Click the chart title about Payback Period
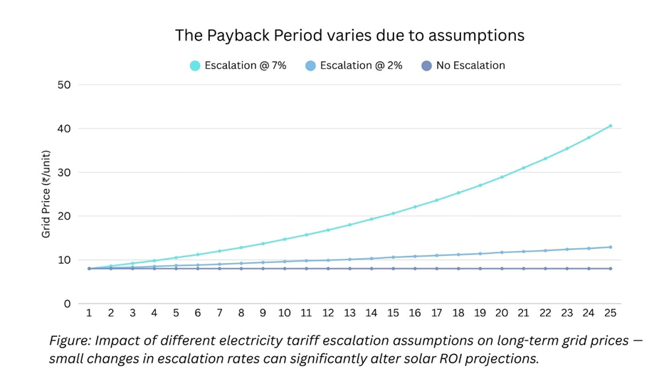click(x=349, y=35)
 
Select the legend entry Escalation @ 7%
click(x=238, y=65)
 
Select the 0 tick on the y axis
click(x=68, y=304)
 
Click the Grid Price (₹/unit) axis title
click(x=46, y=194)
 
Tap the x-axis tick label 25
click(x=610, y=313)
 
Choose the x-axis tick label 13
click(x=349, y=313)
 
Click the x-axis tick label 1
click(x=89, y=313)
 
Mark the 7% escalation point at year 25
click(x=610, y=126)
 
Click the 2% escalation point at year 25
click(x=610, y=247)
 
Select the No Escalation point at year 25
click(x=610, y=269)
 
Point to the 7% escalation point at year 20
click(x=502, y=177)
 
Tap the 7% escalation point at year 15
click(x=393, y=213)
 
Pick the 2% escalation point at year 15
click(x=393, y=257)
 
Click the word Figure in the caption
click(x=70, y=341)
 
